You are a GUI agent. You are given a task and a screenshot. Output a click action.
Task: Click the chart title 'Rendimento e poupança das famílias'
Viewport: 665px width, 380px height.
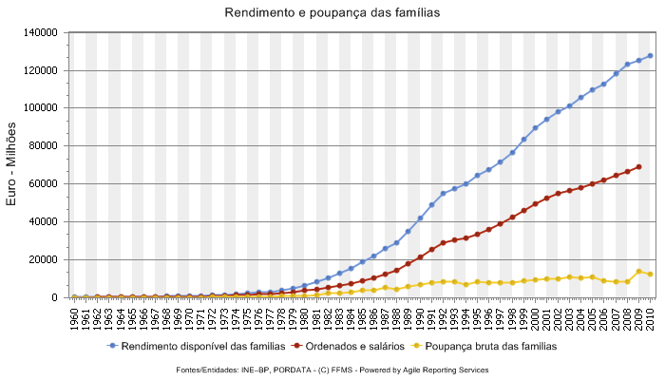(332, 13)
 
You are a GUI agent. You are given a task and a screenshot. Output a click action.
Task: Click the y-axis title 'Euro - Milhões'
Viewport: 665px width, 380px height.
(12, 164)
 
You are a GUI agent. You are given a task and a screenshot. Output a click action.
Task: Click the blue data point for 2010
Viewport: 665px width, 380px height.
(650, 56)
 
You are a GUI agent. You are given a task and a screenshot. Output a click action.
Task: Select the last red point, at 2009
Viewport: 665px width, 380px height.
(638, 166)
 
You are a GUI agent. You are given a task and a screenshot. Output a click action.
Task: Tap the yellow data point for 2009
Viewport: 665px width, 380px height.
(638, 271)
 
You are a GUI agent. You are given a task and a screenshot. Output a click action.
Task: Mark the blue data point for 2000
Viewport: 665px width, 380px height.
(535, 127)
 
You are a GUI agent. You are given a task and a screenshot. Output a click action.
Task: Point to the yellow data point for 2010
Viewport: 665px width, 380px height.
(650, 275)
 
